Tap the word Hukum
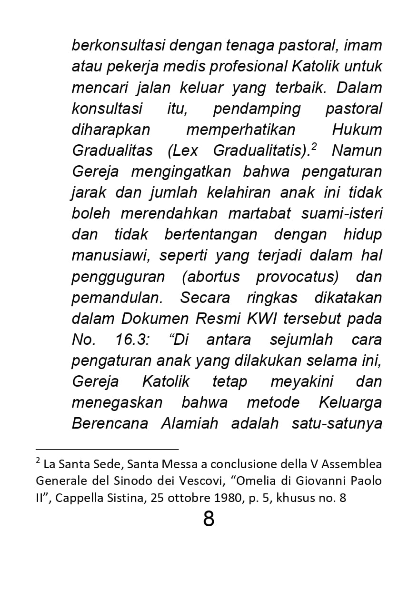tap(357, 130)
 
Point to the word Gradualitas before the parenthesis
tap(112, 150)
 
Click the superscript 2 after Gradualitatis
tap(314, 147)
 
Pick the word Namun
tap(357, 150)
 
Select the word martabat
tap(259, 213)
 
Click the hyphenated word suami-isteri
tap(341, 213)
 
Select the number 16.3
tap(134, 340)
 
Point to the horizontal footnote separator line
tap(107, 449)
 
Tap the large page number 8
tap(209, 519)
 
